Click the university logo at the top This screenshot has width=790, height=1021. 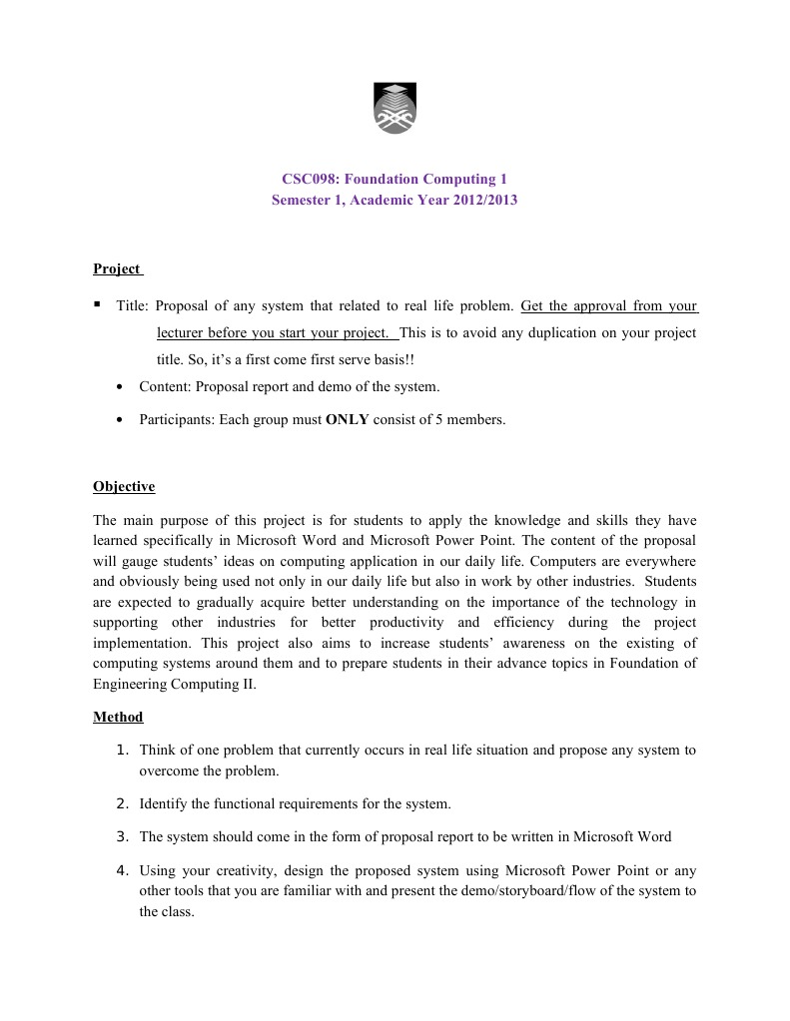click(395, 108)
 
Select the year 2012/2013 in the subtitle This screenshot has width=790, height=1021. click(483, 200)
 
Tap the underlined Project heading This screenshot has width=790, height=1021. click(117, 268)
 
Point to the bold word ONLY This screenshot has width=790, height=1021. click(348, 420)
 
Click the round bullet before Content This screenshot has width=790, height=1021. click(120, 386)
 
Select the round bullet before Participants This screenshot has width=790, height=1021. click(120, 420)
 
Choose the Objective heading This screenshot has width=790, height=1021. click(124, 487)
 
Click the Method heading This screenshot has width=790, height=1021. click(118, 717)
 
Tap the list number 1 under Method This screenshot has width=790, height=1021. click(122, 750)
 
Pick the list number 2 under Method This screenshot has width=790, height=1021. click(122, 803)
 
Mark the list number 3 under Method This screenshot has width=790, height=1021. click(122, 836)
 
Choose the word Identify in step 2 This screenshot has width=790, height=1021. click(164, 803)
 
